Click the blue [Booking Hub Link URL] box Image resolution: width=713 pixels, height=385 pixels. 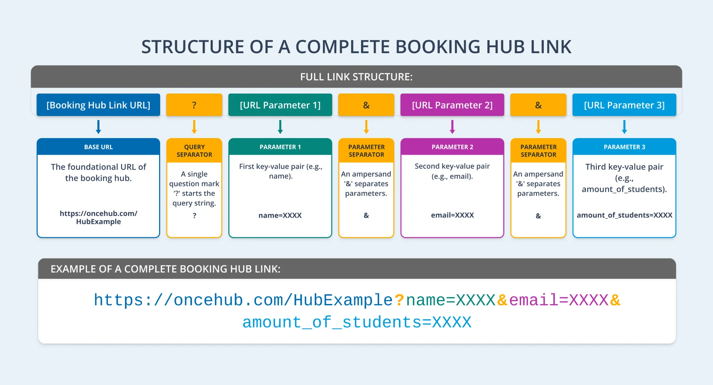[98, 105]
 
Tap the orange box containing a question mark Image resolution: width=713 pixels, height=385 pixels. [194, 105]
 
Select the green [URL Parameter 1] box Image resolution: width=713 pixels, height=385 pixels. [280, 105]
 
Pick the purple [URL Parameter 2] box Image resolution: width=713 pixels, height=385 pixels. [452, 105]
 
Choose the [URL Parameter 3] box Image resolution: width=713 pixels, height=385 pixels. [624, 105]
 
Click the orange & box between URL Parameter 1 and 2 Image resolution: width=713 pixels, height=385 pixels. [366, 105]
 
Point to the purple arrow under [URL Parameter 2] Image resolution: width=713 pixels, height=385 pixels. [452, 127]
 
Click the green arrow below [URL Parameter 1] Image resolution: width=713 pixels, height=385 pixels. [280, 127]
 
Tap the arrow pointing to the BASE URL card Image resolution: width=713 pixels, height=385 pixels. [99, 127]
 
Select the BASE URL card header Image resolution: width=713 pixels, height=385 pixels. [99, 147]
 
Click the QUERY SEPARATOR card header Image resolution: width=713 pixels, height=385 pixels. [194, 151]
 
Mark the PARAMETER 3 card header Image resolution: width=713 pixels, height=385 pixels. [624, 147]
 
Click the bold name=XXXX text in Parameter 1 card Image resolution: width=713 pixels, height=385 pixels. [280, 215]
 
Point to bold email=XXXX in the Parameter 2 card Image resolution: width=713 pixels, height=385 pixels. [452, 215]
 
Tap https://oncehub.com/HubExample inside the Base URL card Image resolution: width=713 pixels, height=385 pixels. [99, 217]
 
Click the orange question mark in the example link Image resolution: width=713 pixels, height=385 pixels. [399, 300]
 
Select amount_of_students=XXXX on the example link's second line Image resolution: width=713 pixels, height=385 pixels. [357, 322]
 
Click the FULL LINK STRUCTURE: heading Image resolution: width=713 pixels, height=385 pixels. [356, 77]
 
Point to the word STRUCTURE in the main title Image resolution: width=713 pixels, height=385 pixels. [193, 47]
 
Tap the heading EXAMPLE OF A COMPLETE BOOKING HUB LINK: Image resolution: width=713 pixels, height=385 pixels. [165, 269]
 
